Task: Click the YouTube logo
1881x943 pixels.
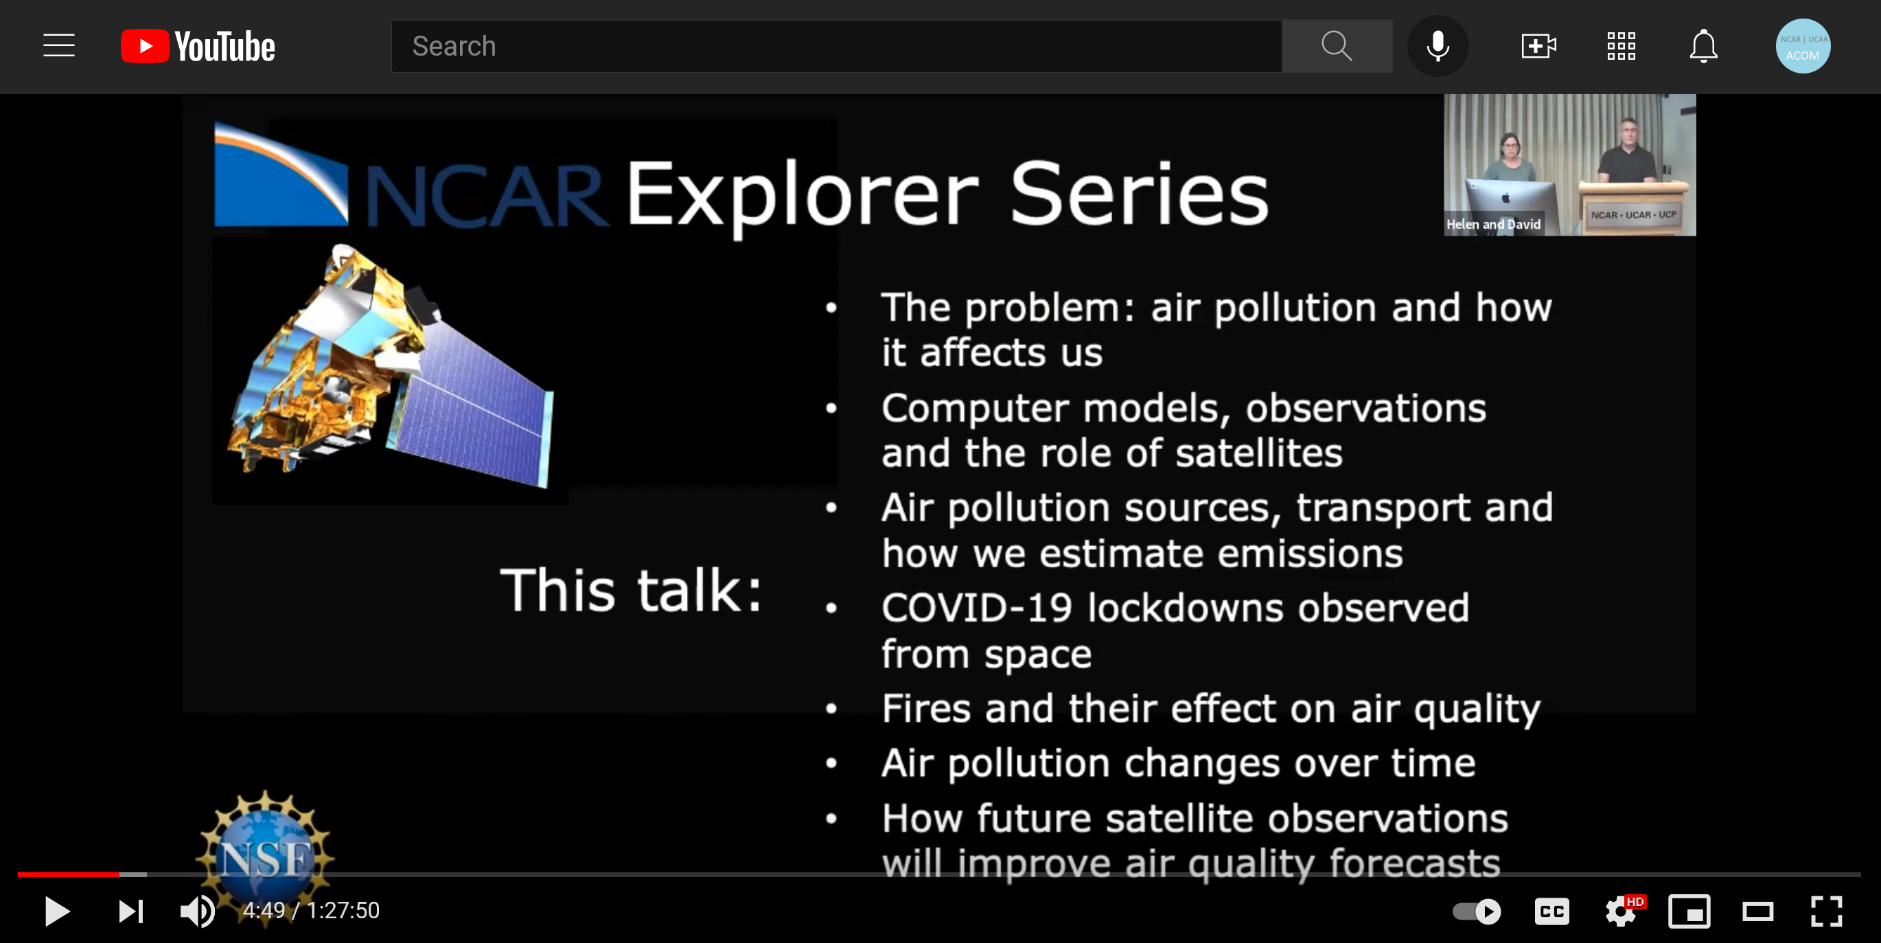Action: coord(198,46)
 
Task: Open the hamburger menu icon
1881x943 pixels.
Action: coord(59,45)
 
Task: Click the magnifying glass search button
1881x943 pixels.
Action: coord(1337,46)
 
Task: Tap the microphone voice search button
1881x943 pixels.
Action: coord(1438,46)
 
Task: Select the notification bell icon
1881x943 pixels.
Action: coord(1703,46)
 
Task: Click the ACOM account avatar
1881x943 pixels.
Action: coord(1803,46)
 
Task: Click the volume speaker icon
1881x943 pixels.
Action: coord(197,911)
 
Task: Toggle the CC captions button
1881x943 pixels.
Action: coord(1551,911)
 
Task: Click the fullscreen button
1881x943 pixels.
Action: coord(1826,911)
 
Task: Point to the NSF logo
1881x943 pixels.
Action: coord(265,854)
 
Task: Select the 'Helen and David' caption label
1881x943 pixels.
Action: coord(1493,224)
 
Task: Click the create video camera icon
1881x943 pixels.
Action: coord(1538,46)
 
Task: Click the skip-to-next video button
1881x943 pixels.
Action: coord(131,911)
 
